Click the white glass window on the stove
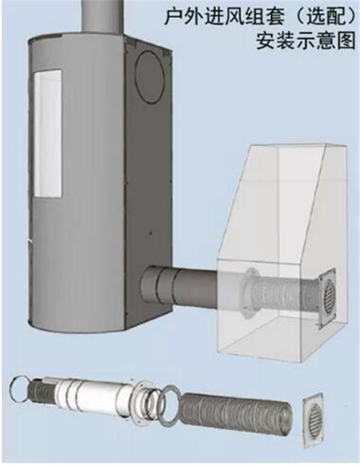(47, 133)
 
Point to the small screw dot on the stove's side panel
(151, 232)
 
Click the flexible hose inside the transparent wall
(286, 294)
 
